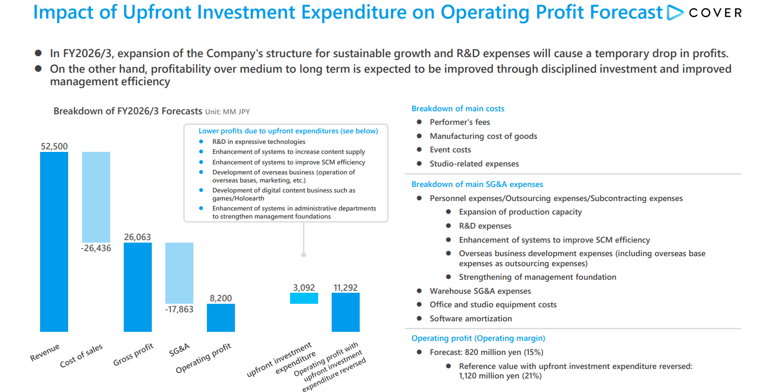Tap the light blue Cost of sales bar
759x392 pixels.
point(96,197)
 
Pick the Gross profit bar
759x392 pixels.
point(138,287)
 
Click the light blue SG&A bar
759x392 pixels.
point(179,273)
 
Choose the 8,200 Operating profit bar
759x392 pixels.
point(221,318)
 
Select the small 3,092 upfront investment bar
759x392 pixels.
point(304,298)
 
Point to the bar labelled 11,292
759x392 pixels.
point(346,312)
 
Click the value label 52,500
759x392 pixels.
point(54,146)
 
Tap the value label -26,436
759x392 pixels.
point(96,248)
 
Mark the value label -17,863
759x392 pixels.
point(179,309)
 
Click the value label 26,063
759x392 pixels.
point(137,237)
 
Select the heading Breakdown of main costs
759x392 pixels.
point(458,109)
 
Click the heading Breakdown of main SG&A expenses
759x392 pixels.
point(477,184)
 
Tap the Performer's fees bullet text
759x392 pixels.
point(460,122)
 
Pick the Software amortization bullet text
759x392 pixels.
point(470,319)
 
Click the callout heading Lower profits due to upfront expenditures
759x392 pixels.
point(288,131)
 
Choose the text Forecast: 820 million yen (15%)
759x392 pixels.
point(486,352)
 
